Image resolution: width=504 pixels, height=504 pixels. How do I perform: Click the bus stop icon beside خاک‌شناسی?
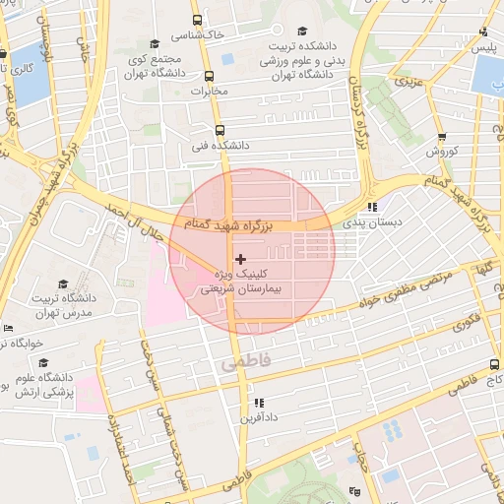click(x=197, y=20)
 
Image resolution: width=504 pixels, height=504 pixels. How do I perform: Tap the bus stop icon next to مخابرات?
click(x=209, y=76)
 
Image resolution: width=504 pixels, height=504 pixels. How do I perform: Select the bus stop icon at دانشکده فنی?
click(x=219, y=129)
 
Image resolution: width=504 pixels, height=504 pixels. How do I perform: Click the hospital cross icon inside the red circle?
click(x=241, y=258)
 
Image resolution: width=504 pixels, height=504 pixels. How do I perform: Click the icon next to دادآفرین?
click(x=259, y=403)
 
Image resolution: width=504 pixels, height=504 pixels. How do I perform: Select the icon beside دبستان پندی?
click(x=372, y=207)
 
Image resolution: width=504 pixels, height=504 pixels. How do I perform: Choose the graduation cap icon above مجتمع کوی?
click(x=155, y=43)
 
